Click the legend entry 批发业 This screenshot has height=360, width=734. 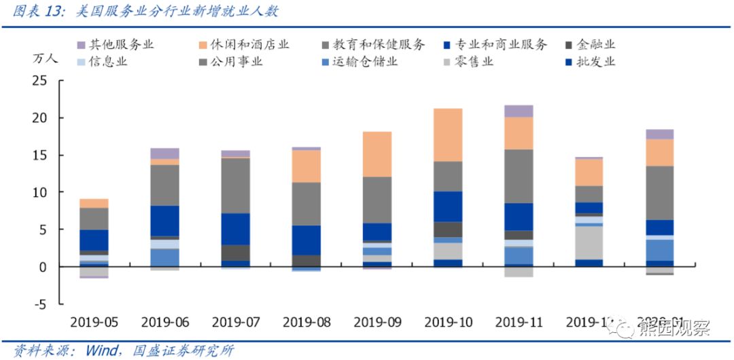point(595,62)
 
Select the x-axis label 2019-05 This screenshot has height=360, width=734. point(94,322)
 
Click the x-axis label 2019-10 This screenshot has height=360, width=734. point(448,322)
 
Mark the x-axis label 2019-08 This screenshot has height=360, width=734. point(307,322)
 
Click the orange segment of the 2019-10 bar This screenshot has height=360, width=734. point(448,134)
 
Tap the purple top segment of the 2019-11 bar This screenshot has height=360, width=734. point(519,111)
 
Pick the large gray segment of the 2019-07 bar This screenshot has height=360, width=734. point(236,185)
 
